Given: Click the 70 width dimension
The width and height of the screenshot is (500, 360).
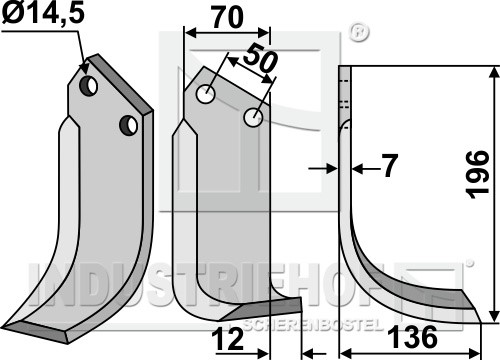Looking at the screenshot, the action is tap(228, 18).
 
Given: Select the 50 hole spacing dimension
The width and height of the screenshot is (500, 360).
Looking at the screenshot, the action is tap(260, 59).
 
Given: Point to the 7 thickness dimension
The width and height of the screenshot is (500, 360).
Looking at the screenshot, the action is tap(389, 166).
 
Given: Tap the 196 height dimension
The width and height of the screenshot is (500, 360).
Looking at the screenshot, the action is tap(478, 175).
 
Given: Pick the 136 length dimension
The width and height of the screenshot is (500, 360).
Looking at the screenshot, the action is tap(414, 337).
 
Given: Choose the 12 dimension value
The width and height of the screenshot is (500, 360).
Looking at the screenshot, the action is tap(230, 339).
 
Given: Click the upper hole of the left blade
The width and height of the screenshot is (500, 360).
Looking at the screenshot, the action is tap(88, 86).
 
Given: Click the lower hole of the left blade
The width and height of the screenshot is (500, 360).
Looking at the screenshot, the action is tap(128, 125).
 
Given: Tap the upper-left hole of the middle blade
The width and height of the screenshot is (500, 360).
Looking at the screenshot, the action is tap(206, 94).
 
